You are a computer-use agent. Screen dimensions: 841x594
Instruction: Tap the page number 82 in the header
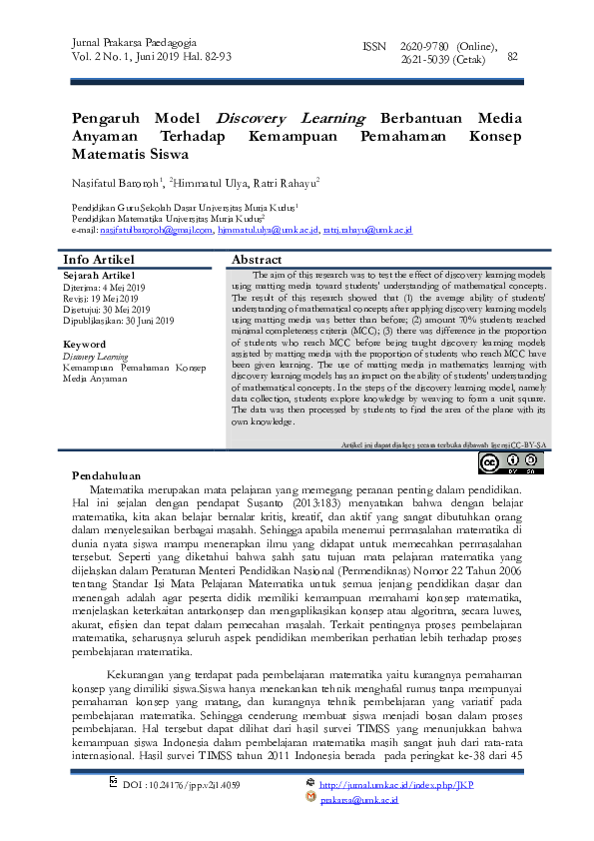[513, 56]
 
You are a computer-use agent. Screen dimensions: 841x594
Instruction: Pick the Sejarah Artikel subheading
[99, 274]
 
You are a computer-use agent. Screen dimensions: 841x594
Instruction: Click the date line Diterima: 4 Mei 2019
[104, 287]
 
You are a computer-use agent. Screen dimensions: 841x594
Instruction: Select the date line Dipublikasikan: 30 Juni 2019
[119, 321]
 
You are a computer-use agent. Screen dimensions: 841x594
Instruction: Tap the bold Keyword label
[85, 345]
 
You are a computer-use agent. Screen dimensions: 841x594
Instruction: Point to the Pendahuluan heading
[107, 475]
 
